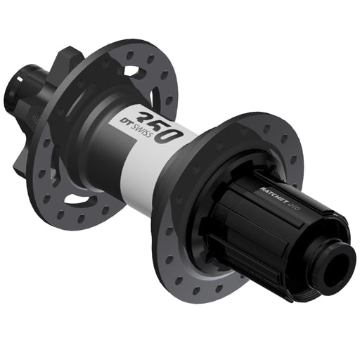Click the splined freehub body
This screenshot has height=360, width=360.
(274, 225)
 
